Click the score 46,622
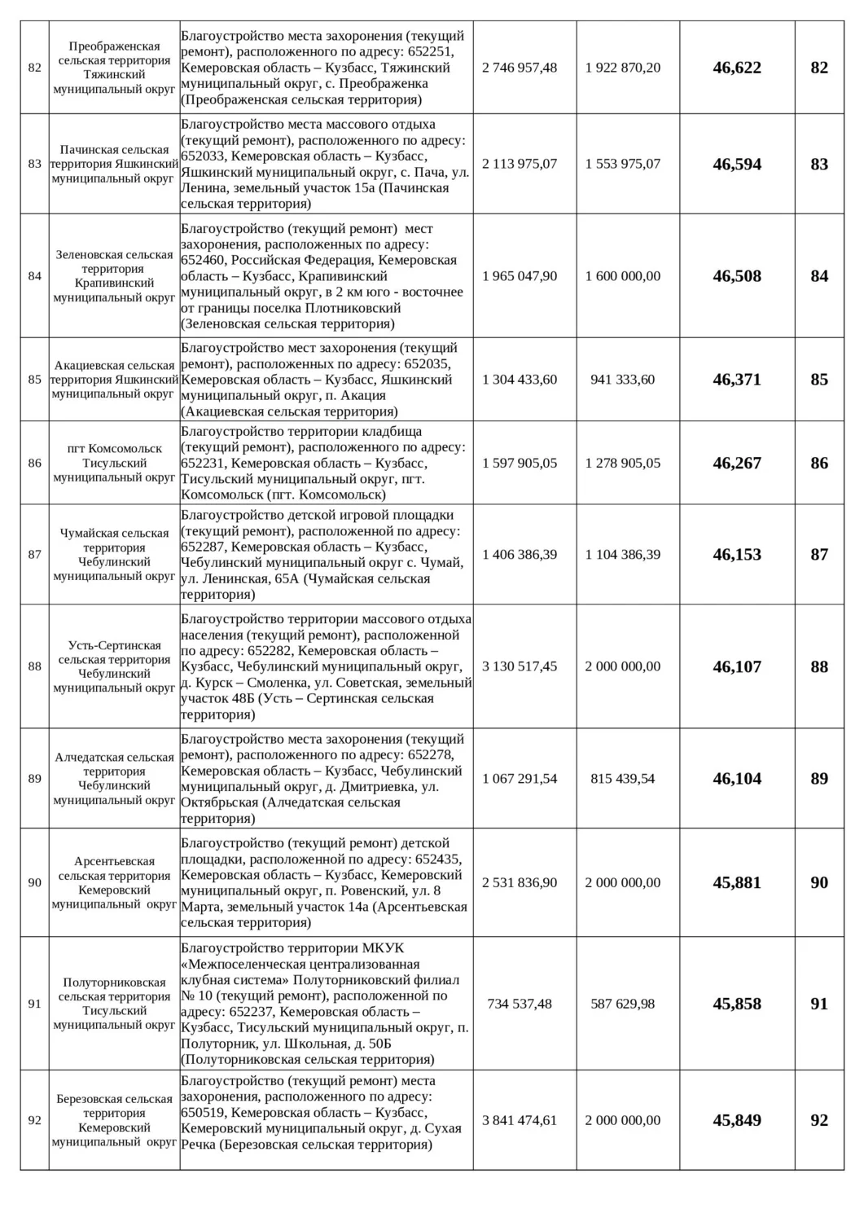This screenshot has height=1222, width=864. (x=737, y=68)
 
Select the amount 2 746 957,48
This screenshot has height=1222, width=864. (x=520, y=68)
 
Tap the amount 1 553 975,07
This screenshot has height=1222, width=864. (x=623, y=164)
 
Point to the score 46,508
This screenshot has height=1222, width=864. (x=737, y=276)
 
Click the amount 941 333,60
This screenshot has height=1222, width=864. (x=623, y=380)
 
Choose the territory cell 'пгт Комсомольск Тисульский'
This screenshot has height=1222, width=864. (x=114, y=463)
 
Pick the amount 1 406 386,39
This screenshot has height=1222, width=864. (x=520, y=555)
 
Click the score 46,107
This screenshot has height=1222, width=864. (x=737, y=666)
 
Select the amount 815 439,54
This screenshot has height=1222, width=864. (x=623, y=779)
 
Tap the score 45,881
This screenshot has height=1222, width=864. (x=737, y=882)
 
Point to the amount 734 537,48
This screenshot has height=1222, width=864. (x=520, y=1004)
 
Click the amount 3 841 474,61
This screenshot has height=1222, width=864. (x=520, y=1120)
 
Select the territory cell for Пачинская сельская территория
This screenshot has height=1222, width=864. (x=114, y=164)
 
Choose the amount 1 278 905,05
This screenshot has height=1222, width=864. (x=623, y=463)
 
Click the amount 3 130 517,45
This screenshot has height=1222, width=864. (x=520, y=666)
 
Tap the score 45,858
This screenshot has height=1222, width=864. (x=737, y=1004)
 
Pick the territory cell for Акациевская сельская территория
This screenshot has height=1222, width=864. (x=114, y=380)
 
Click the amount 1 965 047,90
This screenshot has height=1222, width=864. (x=520, y=276)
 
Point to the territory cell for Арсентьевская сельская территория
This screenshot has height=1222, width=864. (x=114, y=882)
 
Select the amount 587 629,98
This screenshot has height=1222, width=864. (x=623, y=1004)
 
